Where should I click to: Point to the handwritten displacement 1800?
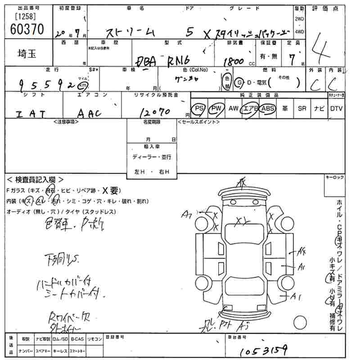click(x=233, y=61)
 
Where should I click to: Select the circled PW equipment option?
click(x=217, y=109)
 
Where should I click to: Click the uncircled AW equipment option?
click(x=233, y=109)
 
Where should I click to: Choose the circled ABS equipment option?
click(x=267, y=109)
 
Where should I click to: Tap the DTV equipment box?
click(x=336, y=109)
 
